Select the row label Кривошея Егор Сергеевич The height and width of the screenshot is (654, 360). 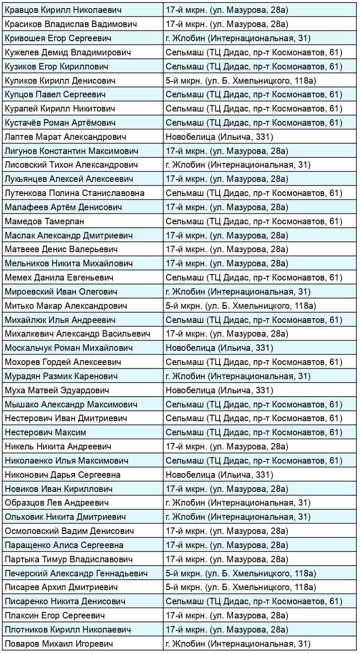[x=58, y=39]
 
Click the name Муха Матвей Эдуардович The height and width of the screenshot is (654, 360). [x=57, y=390]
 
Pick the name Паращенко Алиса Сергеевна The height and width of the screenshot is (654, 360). [x=64, y=546]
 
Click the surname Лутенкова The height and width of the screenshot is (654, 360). [x=26, y=193]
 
